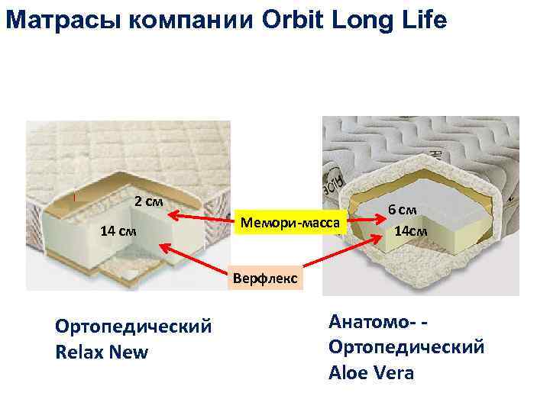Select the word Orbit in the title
291,18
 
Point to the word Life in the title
422,18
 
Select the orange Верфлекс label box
266,278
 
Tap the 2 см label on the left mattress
148,202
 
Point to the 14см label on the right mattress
410,230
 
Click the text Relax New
102,352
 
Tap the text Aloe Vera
370,373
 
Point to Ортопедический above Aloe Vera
406,347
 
